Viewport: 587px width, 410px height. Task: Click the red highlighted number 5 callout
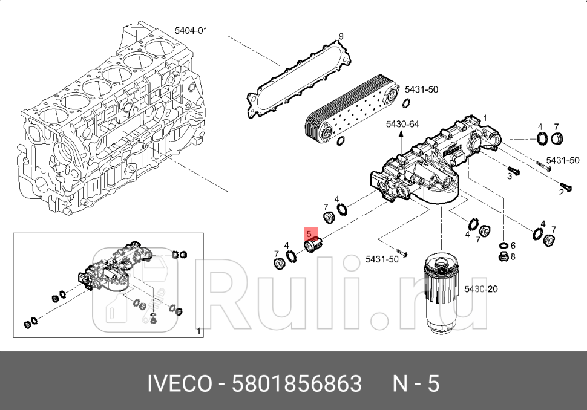pos(310,233)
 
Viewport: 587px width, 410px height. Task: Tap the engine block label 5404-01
pos(191,30)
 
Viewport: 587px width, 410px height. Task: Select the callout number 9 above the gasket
pos(341,37)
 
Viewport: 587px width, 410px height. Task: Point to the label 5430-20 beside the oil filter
pos(481,290)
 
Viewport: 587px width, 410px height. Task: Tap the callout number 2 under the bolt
pos(561,192)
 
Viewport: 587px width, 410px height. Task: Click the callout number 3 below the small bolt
pos(510,175)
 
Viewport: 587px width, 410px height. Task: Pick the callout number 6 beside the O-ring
pos(513,246)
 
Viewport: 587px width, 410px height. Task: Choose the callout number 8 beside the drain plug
pos(513,256)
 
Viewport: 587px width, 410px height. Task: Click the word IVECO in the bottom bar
pos(180,384)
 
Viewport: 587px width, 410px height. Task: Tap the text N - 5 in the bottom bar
pos(416,384)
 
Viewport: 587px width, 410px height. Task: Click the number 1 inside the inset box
pos(199,331)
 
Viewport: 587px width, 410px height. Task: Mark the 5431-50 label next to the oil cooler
pos(421,89)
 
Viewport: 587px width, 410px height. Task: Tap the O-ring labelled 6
pos(502,246)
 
